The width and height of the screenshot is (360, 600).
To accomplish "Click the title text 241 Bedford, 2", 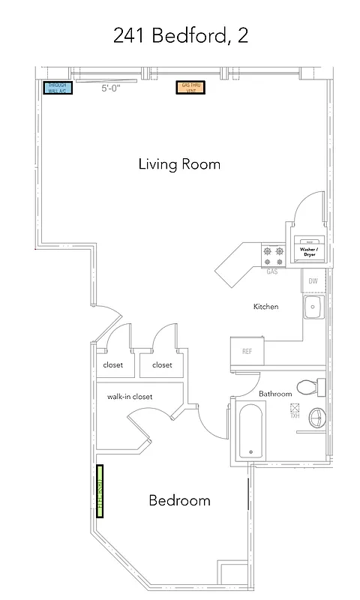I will tap(180, 35).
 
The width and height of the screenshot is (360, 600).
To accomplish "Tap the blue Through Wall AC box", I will tap(57, 87).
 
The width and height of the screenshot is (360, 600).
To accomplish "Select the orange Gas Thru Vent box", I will tap(189, 87).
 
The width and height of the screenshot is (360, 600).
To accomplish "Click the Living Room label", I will tap(179, 164).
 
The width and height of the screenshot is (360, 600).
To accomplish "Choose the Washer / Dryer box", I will tap(308, 251).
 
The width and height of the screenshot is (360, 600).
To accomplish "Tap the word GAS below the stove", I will tap(272, 271).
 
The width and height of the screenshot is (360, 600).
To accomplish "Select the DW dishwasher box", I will tap(314, 281).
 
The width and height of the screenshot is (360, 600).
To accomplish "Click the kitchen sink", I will tap(313, 306).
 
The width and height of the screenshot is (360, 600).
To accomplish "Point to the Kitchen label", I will tap(265, 307).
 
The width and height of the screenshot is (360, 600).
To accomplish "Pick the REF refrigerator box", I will tap(246, 351).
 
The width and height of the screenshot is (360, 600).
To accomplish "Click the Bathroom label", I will tap(275, 394).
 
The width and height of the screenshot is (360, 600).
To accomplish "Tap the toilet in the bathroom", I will tap(312, 386).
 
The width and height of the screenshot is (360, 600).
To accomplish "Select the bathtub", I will tap(250, 431).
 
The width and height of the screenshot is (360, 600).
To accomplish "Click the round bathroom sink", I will tap(318, 416).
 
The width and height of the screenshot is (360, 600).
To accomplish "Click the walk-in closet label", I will tap(130, 396).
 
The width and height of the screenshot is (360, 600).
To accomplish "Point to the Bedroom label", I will tap(179, 500).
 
